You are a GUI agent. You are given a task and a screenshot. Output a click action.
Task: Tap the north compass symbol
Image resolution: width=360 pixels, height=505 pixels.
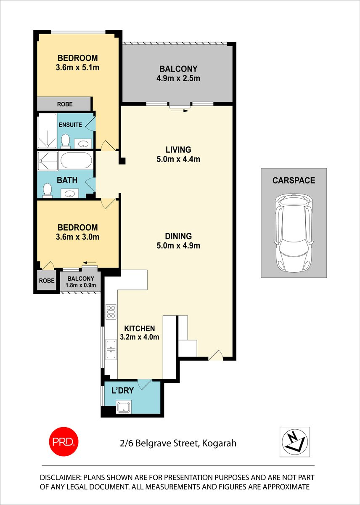click(x=295, y=441)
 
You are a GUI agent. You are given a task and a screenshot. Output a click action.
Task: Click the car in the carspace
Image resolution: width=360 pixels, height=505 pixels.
click(x=294, y=234)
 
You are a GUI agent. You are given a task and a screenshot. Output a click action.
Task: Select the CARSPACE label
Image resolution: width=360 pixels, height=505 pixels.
click(x=294, y=181)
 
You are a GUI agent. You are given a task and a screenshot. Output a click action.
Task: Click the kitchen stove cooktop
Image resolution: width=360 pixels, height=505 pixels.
click(x=111, y=311)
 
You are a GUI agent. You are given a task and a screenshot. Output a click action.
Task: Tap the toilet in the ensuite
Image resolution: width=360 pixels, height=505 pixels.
click(x=65, y=141)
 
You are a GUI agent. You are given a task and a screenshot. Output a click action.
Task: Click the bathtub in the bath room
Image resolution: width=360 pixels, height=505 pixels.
click(x=76, y=160)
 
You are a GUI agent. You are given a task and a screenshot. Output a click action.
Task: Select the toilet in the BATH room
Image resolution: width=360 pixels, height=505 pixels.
click(x=48, y=190)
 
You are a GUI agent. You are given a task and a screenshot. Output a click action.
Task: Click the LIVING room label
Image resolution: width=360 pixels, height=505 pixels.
click(x=178, y=149)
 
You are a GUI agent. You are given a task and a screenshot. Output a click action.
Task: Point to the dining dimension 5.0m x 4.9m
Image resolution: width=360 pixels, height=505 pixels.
click(x=178, y=245)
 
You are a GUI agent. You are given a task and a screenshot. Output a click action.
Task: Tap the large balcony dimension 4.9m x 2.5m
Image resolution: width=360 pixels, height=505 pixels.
click(x=178, y=78)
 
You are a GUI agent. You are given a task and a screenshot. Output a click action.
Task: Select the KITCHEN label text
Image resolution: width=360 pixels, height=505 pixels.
click(x=140, y=328)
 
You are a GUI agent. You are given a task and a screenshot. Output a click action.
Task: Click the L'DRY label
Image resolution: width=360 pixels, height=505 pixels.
click(x=122, y=391)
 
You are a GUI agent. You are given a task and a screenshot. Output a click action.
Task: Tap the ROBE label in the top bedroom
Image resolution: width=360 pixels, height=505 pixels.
click(x=64, y=104)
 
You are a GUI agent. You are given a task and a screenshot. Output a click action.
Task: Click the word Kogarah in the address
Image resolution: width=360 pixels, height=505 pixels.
click(x=219, y=443)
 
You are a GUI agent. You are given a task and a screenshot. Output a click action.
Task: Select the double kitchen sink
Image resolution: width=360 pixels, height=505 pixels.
click(x=111, y=349)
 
